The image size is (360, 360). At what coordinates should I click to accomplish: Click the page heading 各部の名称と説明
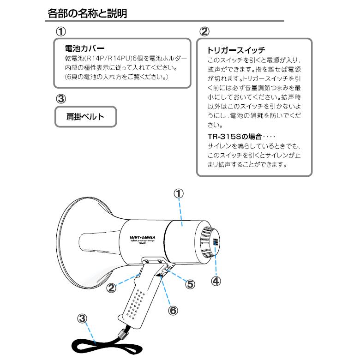[87, 13]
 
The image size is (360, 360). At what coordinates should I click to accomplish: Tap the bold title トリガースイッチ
[236, 50]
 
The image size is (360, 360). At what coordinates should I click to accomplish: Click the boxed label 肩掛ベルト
[85, 117]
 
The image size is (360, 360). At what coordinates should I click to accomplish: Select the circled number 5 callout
[190, 284]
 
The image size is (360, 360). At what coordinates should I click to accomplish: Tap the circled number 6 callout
[173, 311]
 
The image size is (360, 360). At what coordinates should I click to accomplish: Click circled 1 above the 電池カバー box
[61, 31]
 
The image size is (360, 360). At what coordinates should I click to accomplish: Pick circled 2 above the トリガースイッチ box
[204, 31]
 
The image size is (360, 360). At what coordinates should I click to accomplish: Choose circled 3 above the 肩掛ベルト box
[61, 99]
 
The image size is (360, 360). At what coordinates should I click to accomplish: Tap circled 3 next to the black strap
[82, 318]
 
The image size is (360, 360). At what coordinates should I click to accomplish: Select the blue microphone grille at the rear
[216, 243]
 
